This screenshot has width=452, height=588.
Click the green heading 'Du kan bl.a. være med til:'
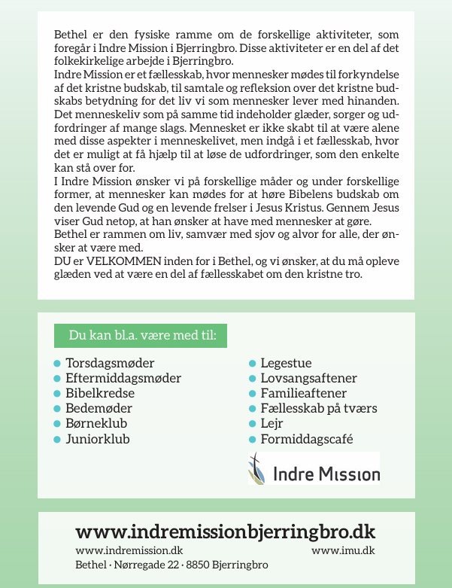coord(141,335)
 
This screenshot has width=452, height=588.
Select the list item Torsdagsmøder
coord(110,364)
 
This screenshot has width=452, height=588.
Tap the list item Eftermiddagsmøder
coord(123,379)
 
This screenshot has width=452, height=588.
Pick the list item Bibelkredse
coord(100,394)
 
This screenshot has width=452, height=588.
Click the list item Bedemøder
coord(99,409)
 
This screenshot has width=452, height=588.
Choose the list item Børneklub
coord(96,424)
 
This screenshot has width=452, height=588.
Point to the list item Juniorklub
coord(98,439)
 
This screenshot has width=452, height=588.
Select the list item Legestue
coord(286,364)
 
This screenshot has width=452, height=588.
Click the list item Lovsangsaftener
coord(308,379)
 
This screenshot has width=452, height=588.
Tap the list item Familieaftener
coord(303,394)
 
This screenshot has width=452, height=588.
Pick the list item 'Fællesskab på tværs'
coord(318,409)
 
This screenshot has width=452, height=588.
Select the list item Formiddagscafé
coord(306,439)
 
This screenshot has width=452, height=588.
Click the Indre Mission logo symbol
coord(257,469)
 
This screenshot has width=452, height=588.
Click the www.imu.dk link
coord(343,551)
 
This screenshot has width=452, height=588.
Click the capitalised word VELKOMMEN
coord(113,260)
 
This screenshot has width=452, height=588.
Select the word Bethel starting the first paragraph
coord(70,35)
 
